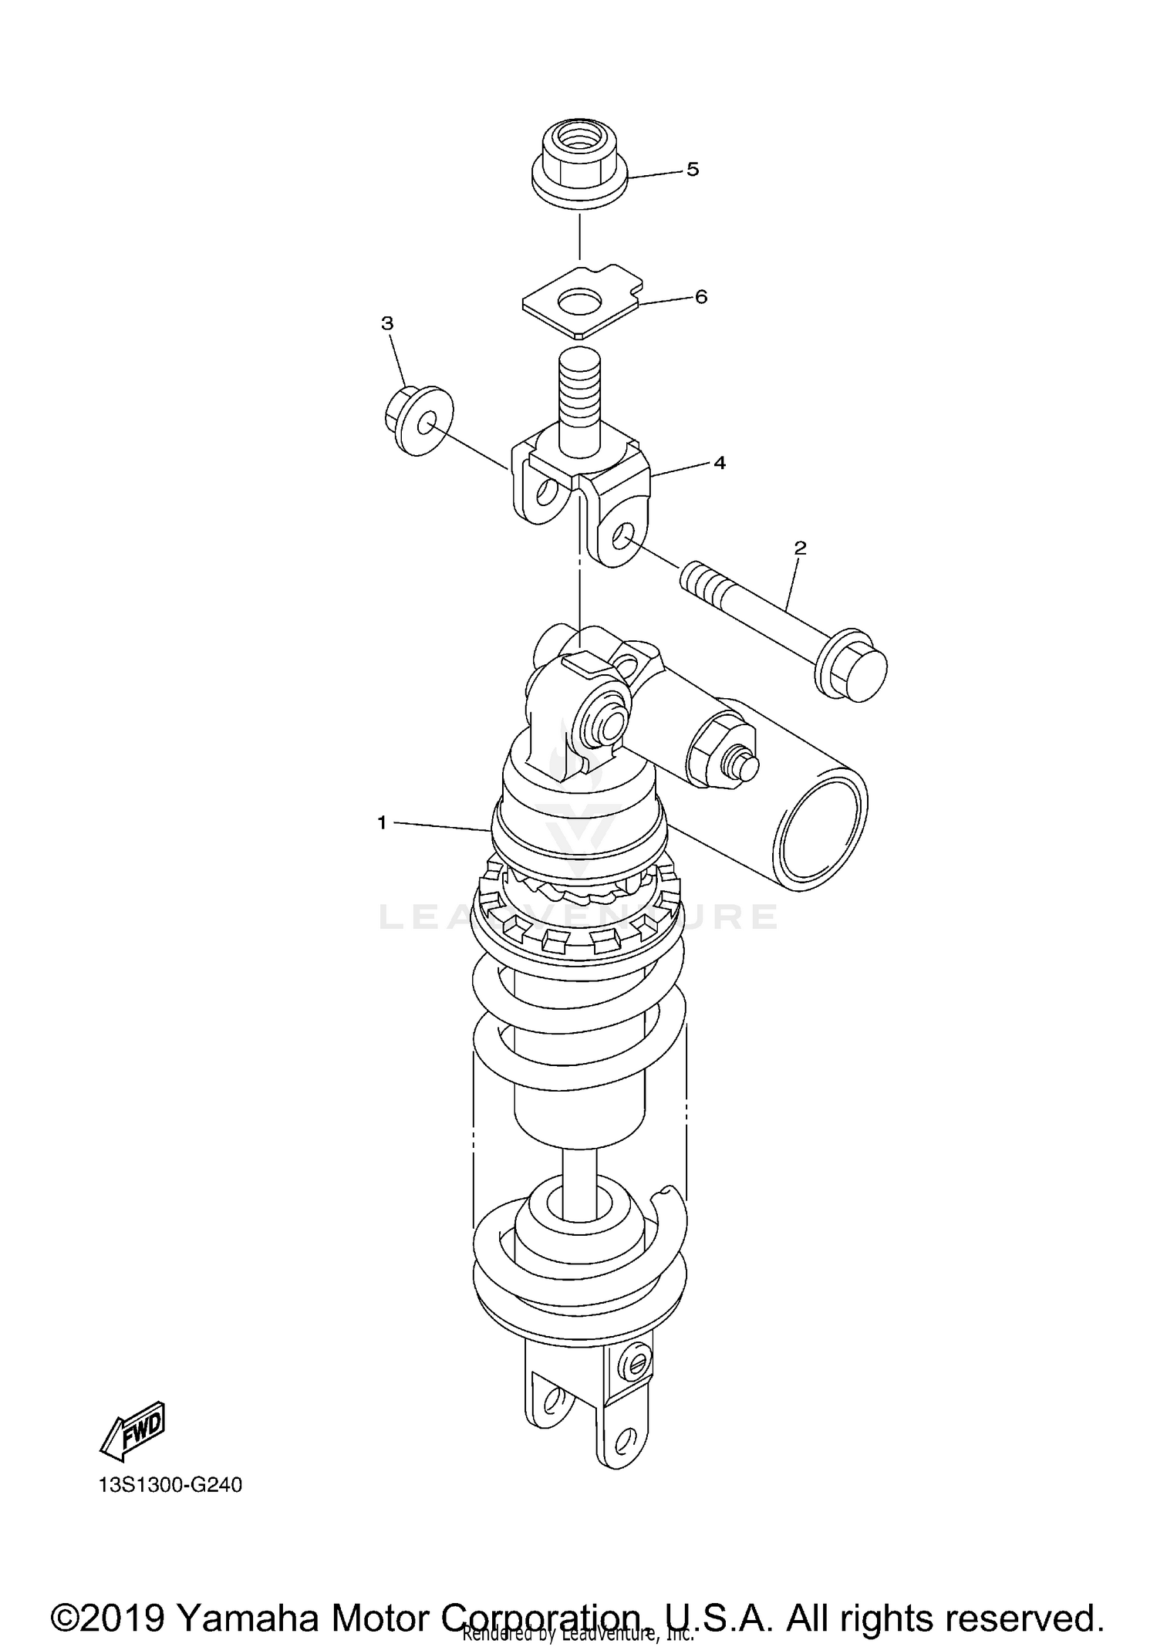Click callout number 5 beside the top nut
click(x=692, y=169)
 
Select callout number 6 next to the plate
click(x=700, y=296)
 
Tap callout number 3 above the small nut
click(x=387, y=323)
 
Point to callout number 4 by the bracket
click(x=719, y=462)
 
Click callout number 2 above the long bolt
click(x=800, y=548)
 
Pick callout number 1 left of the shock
click(x=382, y=823)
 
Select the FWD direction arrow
click(x=133, y=1437)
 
